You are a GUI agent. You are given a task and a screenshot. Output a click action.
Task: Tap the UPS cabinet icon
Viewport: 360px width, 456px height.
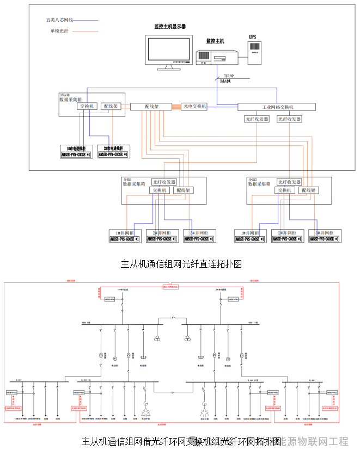pos(255,50)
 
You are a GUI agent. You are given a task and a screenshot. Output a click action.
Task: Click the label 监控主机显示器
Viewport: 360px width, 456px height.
pos(170,26)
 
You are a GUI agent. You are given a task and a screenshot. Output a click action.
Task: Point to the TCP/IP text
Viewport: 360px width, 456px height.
pos(228,76)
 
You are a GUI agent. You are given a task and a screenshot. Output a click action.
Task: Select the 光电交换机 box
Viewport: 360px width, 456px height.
pos(194,107)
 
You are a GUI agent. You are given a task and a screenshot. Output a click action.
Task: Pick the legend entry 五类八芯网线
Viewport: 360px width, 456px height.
pos(59,20)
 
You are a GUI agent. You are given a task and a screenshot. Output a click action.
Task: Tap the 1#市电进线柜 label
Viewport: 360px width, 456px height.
pos(76,148)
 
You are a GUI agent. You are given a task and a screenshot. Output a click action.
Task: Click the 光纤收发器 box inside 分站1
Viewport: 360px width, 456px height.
pos(164,182)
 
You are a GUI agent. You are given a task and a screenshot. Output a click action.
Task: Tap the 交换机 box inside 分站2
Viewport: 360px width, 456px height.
pos(286,190)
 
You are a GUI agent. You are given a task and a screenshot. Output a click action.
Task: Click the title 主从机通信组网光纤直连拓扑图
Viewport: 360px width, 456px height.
pos(181,264)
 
